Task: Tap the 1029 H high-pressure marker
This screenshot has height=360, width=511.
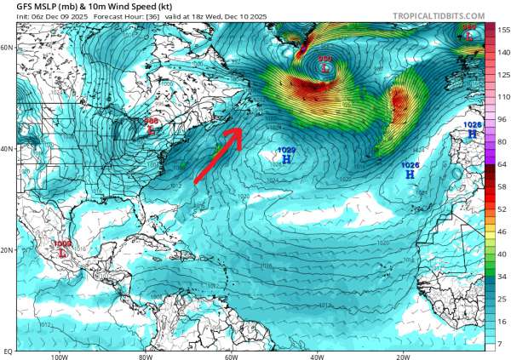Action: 286,159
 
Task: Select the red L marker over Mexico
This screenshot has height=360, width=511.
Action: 62,253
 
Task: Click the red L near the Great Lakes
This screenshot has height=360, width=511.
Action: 152,131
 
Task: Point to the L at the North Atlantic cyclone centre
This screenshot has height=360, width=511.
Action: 324,67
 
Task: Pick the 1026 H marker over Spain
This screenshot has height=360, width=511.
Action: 472,134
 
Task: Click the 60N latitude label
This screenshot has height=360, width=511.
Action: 8,48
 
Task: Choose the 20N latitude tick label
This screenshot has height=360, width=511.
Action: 8,250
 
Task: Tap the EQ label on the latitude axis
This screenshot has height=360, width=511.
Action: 7,351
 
